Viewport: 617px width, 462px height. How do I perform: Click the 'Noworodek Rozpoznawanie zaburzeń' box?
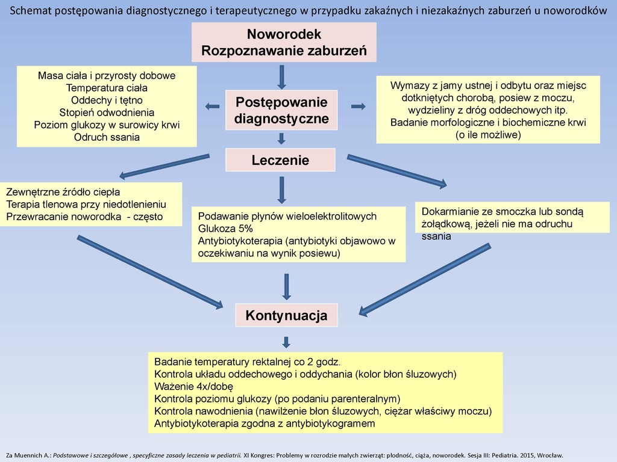284,42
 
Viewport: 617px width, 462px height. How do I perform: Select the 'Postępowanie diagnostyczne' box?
281,110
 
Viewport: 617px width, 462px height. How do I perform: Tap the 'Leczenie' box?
280,160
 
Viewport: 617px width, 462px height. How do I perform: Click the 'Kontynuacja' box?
286,315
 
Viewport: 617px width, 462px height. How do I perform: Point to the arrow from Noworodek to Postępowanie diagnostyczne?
281,76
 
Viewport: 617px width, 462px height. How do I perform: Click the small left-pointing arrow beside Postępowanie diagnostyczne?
212,106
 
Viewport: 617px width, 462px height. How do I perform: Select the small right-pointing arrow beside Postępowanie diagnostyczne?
358,106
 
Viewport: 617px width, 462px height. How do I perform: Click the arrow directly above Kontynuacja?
286,286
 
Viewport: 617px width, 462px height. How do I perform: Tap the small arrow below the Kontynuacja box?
286,342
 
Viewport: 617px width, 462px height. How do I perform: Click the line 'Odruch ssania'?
107,137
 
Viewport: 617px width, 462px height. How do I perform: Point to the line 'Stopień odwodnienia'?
107,112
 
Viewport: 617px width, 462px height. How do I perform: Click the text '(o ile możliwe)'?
487,135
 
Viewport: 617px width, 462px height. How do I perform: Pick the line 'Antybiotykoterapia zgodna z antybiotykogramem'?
265,423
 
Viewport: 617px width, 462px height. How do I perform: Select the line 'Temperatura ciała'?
107,88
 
